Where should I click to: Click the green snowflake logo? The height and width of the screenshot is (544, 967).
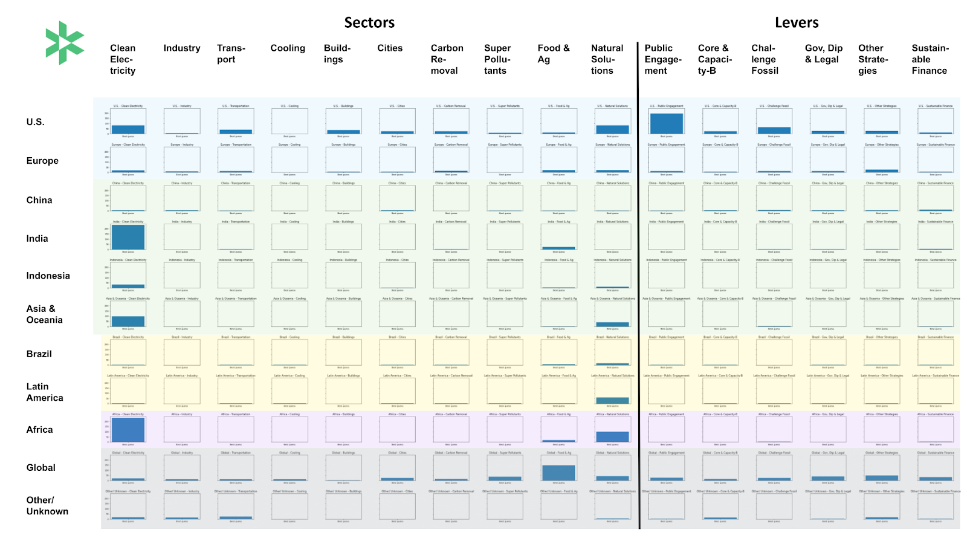(x=64, y=43)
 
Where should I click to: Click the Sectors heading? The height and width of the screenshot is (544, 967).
(x=369, y=23)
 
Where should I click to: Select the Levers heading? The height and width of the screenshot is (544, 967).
(x=797, y=23)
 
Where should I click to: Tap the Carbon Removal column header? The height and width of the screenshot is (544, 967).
(x=447, y=59)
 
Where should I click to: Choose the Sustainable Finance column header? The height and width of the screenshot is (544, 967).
(x=930, y=59)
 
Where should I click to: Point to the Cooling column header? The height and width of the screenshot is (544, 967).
(x=288, y=48)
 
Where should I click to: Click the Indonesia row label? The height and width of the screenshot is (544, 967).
(x=48, y=276)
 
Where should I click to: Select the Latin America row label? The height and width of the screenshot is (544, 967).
(x=45, y=392)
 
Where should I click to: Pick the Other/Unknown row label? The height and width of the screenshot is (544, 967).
(x=47, y=505)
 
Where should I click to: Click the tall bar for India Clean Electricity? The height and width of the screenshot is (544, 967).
(x=128, y=237)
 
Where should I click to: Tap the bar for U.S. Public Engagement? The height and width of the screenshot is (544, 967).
(x=666, y=123)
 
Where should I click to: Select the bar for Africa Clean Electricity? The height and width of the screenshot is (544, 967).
(x=128, y=430)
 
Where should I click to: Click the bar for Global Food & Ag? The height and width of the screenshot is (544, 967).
(x=558, y=473)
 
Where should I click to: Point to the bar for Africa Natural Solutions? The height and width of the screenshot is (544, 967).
(x=612, y=436)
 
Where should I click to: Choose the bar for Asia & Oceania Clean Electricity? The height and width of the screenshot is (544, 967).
(x=128, y=322)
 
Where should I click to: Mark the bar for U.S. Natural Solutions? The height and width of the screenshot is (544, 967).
(x=612, y=129)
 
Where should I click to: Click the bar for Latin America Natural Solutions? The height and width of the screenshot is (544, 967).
(x=612, y=400)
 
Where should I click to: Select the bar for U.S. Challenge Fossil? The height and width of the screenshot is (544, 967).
(x=774, y=131)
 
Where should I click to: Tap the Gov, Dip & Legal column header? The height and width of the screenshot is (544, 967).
(x=823, y=54)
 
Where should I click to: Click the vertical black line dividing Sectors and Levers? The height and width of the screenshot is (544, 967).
(x=638, y=284)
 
